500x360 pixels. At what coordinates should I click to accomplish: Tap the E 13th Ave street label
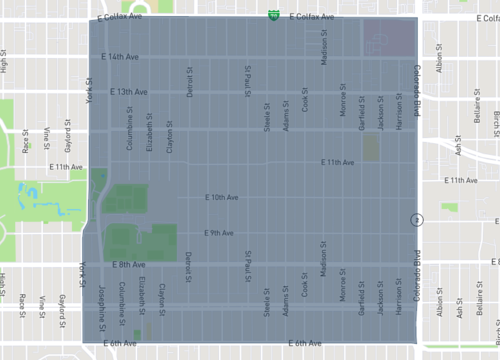[x=128, y=92]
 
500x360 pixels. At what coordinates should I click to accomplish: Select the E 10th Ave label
[x=221, y=197]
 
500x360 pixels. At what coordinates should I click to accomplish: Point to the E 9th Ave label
[x=218, y=233]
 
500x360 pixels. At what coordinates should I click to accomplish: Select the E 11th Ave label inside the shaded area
[x=337, y=162]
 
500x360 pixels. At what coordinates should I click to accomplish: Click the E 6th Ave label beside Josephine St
[x=118, y=343]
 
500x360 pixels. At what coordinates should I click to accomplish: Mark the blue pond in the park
[x=50, y=209]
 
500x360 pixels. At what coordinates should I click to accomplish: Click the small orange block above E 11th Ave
[x=371, y=148]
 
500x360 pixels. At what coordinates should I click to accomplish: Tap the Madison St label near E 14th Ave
[x=325, y=51]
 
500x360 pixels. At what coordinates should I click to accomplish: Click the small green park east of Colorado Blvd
[x=450, y=207]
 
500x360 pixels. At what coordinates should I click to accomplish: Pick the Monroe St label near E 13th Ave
[x=343, y=105]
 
